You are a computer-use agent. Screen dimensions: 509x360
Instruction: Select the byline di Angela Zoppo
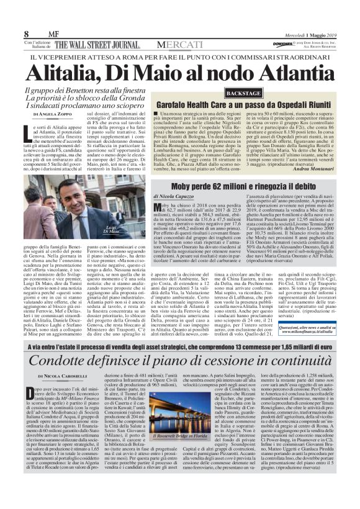pos(43,115)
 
